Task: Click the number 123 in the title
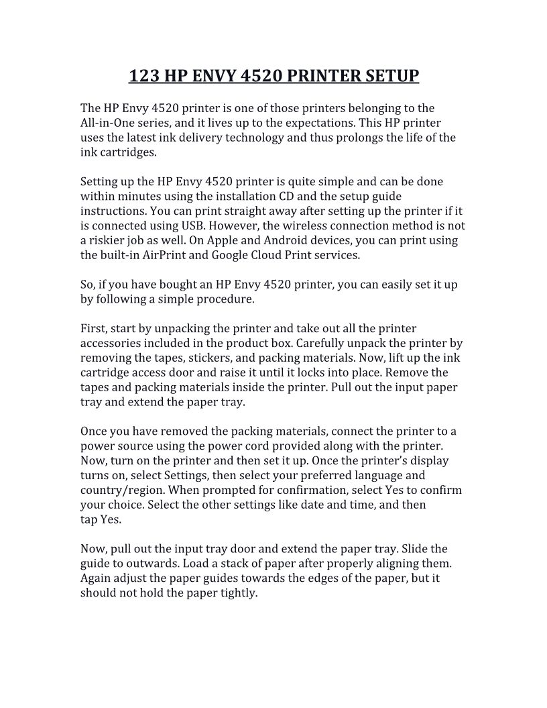point(144,75)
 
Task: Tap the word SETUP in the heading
point(391,75)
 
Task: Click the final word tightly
point(238,593)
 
